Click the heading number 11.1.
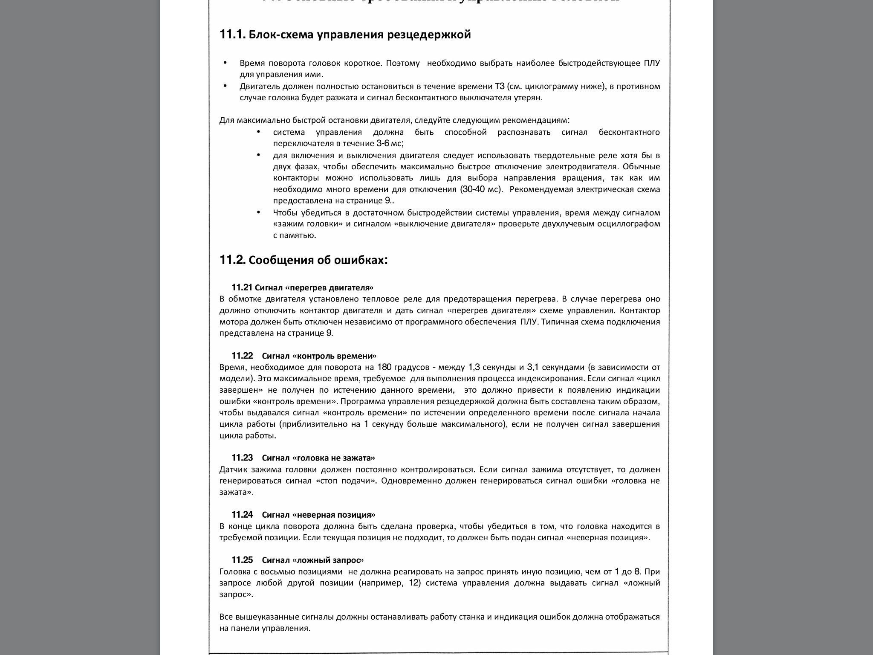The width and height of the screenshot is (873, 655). (232, 34)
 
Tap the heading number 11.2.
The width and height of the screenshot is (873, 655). (232, 260)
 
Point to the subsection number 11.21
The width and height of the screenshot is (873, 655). (242, 287)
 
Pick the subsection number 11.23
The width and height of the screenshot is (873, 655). (242, 458)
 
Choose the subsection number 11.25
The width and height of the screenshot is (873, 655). (242, 560)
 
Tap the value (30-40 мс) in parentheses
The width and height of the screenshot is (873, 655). (481, 189)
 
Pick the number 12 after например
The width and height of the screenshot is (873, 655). (414, 583)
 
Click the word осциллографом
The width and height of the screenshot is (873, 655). (628, 224)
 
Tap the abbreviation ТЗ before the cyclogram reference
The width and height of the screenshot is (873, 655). (500, 87)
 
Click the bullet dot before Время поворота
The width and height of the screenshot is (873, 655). (225, 63)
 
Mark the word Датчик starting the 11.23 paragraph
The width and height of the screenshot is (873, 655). (233, 470)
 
